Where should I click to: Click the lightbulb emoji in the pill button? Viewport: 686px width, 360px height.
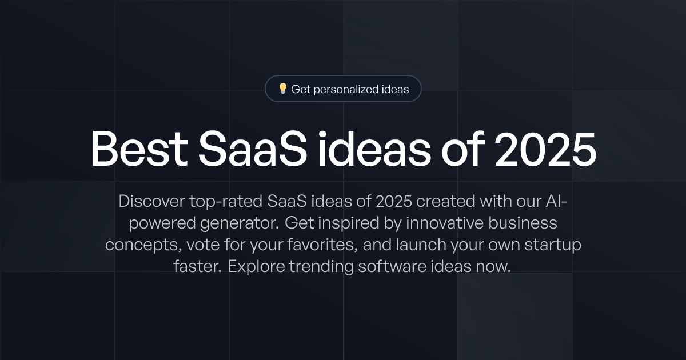[x=282, y=89]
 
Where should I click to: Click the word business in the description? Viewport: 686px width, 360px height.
[x=525, y=223]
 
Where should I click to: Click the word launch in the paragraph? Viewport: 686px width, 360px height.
[x=434, y=245]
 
